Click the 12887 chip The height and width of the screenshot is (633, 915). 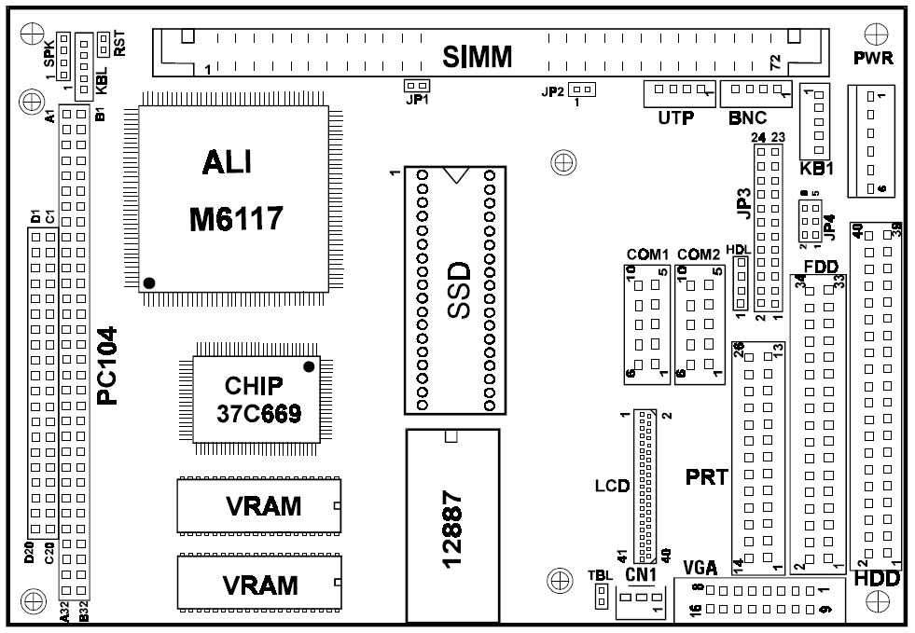point(452,526)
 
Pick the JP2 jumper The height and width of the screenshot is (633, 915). point(583,89)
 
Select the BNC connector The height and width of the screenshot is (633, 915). point(756,92)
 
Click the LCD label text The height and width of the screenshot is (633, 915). point(612,486)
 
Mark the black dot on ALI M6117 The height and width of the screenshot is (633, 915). point(149,282)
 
